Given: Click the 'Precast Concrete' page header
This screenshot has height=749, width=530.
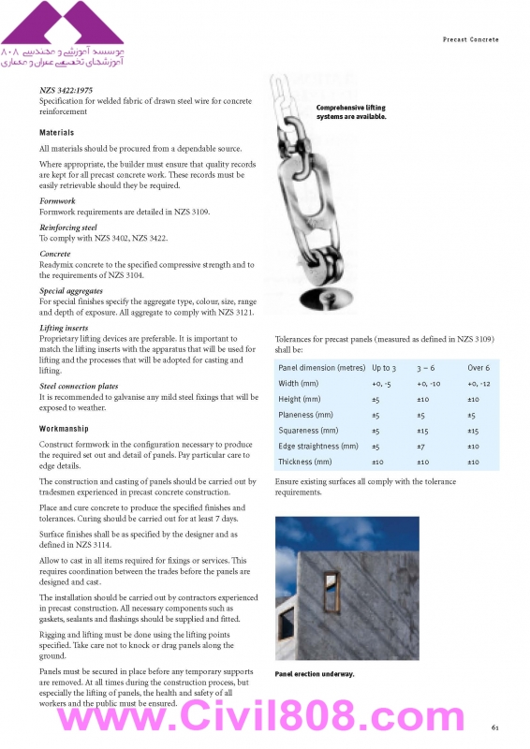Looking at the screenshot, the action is point(470,39).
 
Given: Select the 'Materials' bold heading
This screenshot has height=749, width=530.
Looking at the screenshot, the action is point(56,133).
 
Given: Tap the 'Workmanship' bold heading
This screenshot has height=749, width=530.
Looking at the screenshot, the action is point(64,429).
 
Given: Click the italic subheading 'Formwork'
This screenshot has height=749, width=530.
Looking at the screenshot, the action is point(57,201).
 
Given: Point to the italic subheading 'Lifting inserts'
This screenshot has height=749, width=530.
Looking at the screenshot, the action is point(64,328).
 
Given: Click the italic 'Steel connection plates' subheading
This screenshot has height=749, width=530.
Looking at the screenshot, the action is point(79,386).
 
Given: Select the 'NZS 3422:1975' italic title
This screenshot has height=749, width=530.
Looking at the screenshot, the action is point(66,90).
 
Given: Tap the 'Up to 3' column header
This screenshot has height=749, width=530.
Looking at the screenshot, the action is point(384,368).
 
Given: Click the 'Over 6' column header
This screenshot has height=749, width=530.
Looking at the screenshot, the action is point(478,368).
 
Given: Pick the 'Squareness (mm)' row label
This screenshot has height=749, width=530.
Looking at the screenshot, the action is point(308,431).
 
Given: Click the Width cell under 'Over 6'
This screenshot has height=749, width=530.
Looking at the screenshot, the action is point(478,384).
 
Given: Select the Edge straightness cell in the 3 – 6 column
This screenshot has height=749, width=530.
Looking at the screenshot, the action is point(420,447).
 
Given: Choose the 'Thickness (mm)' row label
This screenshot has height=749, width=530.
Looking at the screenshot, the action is point(305,462).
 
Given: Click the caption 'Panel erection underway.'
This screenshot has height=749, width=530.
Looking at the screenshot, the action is point(315,674).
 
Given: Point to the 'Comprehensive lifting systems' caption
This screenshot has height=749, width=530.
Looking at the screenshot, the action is point(351,112).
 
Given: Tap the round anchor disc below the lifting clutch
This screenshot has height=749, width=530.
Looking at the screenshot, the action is point(326,299).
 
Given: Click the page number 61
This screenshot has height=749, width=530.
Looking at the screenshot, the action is point(494,727).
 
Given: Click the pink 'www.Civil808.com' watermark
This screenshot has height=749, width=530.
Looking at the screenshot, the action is point(261,715).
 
